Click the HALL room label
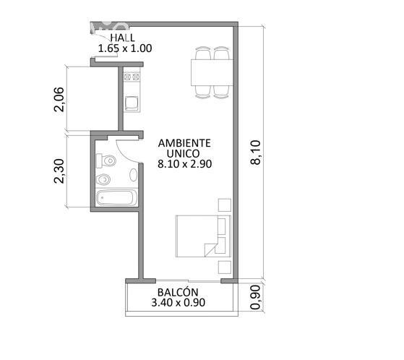(x=123, y=38)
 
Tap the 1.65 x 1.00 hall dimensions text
(x=125, y=48)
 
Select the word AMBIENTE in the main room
(x=184, y=143)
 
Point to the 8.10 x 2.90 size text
(x=185, y=163)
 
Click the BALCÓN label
(x=178, y=292)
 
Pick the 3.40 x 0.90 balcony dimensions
(x=179, y=303)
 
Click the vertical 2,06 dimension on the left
(x=59, y=100)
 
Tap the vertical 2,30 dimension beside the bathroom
(x=59, y=171)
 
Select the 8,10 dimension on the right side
(x=256, y=153)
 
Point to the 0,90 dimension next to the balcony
(x=255, y=297)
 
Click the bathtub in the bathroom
(x=116, y=198)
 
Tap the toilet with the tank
(x=106, y=161)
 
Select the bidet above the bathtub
(x=103, y=179)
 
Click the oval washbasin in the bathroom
(x=133, y=175)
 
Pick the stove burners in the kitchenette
(x=132, y=77)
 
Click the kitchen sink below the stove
(x=132, y=103)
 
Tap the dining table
(x=212, y=72)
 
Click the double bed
(x=204, y=236)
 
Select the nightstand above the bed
(x=225, y=205)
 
